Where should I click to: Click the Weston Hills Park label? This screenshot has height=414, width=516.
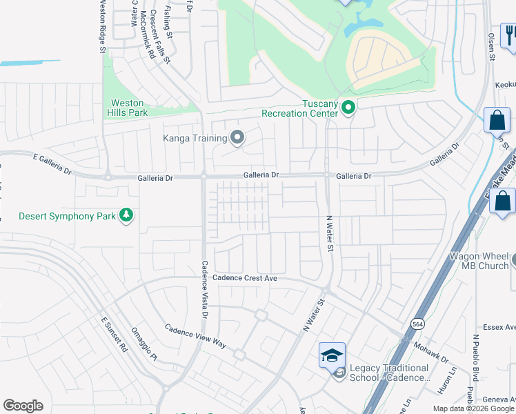(x=128, y=108)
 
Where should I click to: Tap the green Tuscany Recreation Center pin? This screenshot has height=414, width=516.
(x=348, y=107)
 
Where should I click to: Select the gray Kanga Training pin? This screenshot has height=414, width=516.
(x=237, y=138)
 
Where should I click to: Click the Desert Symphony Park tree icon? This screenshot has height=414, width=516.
(x=126, y=216)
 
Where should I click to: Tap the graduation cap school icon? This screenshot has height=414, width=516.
(x=332, y=355)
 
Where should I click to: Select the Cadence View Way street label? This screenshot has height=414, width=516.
(x=196, y=335)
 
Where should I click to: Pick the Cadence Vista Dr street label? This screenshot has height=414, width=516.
(x=204, y=289)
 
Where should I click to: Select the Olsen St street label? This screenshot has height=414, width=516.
(x=493, y=46)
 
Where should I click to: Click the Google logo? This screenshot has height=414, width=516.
(x=23, y=406)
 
